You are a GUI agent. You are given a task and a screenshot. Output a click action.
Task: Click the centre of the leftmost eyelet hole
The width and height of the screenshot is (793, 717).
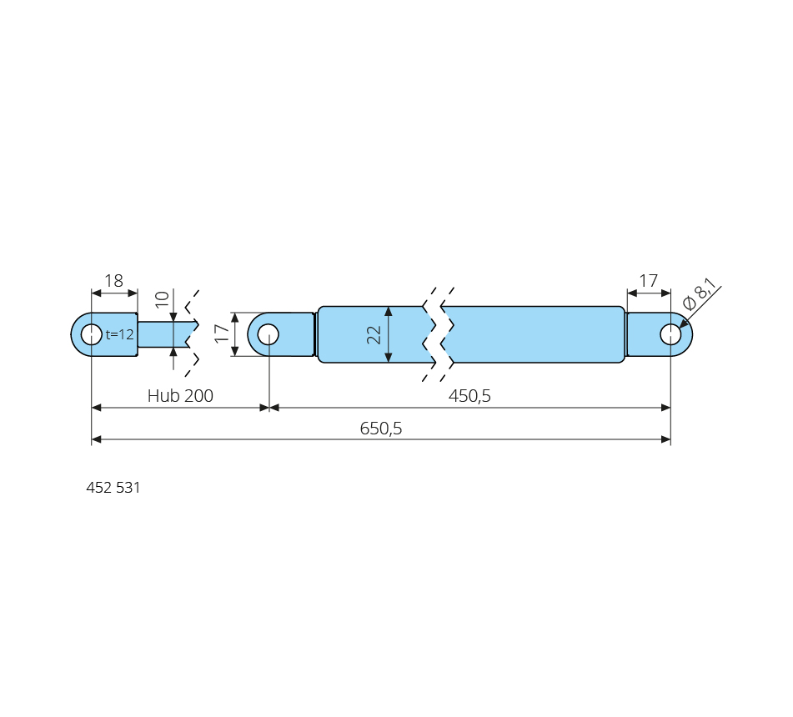[92, 334]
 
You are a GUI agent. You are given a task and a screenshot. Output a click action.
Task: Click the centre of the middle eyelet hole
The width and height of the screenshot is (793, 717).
[268, 334]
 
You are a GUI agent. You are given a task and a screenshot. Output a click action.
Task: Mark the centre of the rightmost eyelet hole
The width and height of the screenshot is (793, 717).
[670, 334]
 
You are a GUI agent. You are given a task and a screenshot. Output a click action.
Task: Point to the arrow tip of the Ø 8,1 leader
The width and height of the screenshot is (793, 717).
[680, 327]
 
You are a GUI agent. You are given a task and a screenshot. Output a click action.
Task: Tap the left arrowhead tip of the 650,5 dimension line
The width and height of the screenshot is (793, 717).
[92, 439]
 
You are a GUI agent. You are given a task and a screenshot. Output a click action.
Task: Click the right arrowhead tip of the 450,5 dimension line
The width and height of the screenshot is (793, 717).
[670, 408]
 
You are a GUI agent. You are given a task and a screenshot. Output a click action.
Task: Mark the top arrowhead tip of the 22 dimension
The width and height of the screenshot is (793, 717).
[389, 307]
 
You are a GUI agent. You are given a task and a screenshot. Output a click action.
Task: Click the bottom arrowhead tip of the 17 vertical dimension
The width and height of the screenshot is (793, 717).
[234, 356]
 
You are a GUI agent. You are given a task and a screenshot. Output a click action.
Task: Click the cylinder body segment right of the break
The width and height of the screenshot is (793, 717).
[533, 334]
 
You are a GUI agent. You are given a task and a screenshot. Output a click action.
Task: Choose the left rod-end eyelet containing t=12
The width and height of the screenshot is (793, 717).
[104, 334]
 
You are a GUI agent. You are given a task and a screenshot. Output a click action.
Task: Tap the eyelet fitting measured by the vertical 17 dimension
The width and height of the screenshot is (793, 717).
[281, 334]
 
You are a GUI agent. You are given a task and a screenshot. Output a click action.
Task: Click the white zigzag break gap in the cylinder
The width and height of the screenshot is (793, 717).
[439, 334]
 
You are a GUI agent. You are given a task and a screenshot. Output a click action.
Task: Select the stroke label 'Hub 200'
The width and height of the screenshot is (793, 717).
[180, 395]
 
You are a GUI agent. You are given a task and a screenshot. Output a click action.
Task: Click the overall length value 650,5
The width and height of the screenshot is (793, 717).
[381, 429]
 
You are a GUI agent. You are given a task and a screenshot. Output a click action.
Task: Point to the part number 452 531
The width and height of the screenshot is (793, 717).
[113, 488]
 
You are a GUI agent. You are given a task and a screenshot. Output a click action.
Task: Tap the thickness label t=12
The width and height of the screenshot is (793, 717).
[120, 334]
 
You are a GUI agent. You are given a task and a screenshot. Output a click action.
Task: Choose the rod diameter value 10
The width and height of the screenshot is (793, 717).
[162, 299]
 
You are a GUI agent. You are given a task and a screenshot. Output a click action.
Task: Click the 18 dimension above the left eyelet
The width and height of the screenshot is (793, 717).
[113, 281]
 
